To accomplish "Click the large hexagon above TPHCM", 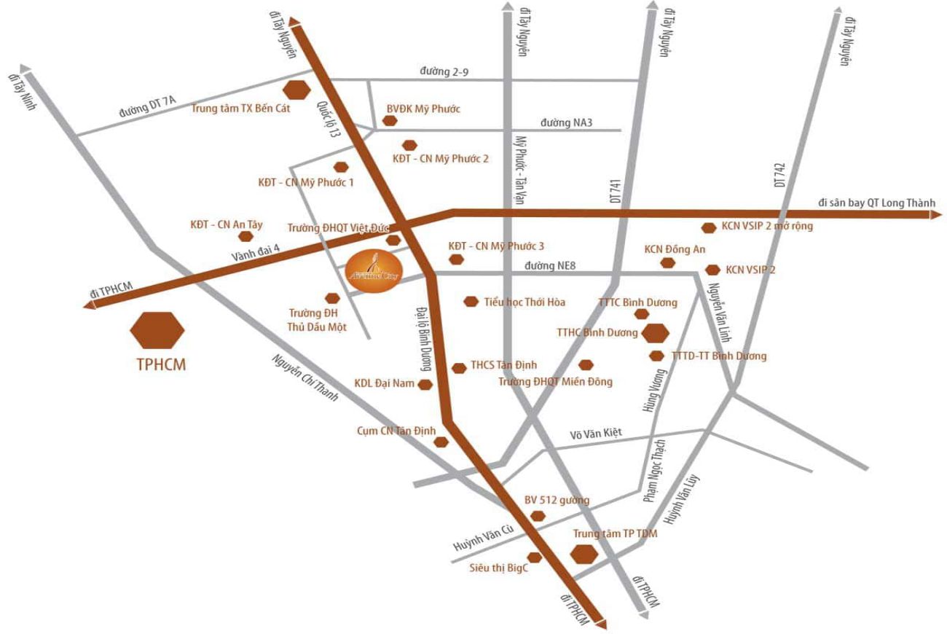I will click(157, 330).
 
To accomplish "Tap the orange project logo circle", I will click(372, 271).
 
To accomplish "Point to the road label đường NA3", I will click(566, 122).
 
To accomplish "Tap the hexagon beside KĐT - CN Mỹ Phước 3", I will click(456, 259).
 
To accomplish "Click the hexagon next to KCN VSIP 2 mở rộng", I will click(708, 227).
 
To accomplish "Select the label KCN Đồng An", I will click(675, 249).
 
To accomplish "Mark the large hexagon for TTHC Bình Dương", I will click(655, 333).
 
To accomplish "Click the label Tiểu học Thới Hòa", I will click(524, 302).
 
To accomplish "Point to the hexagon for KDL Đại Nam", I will click(425, 385).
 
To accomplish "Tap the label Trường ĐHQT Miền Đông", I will click(555, 381).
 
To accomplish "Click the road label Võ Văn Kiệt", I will click(595, 433).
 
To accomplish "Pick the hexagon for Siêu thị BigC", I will click(534, 557).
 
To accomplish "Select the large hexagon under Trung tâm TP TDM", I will click(583, 554).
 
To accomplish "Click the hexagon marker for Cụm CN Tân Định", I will click(440, 442).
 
